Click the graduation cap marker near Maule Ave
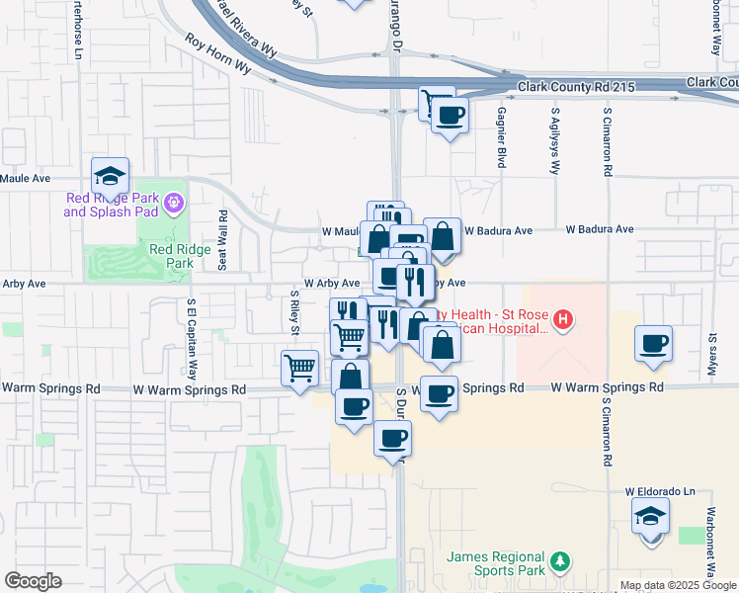pos(111,177)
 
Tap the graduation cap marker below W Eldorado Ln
pos(650,516)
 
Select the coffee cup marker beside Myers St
pos(654,345)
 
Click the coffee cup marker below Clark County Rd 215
pos(450,115)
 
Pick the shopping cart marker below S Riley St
pos(299,370)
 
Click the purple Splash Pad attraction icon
pos(174,204)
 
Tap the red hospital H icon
pos(562,319)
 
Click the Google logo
pos(33,581)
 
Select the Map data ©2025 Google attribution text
pos(679,585)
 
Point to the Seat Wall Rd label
pos(224,239)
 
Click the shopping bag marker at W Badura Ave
pos(442,237)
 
